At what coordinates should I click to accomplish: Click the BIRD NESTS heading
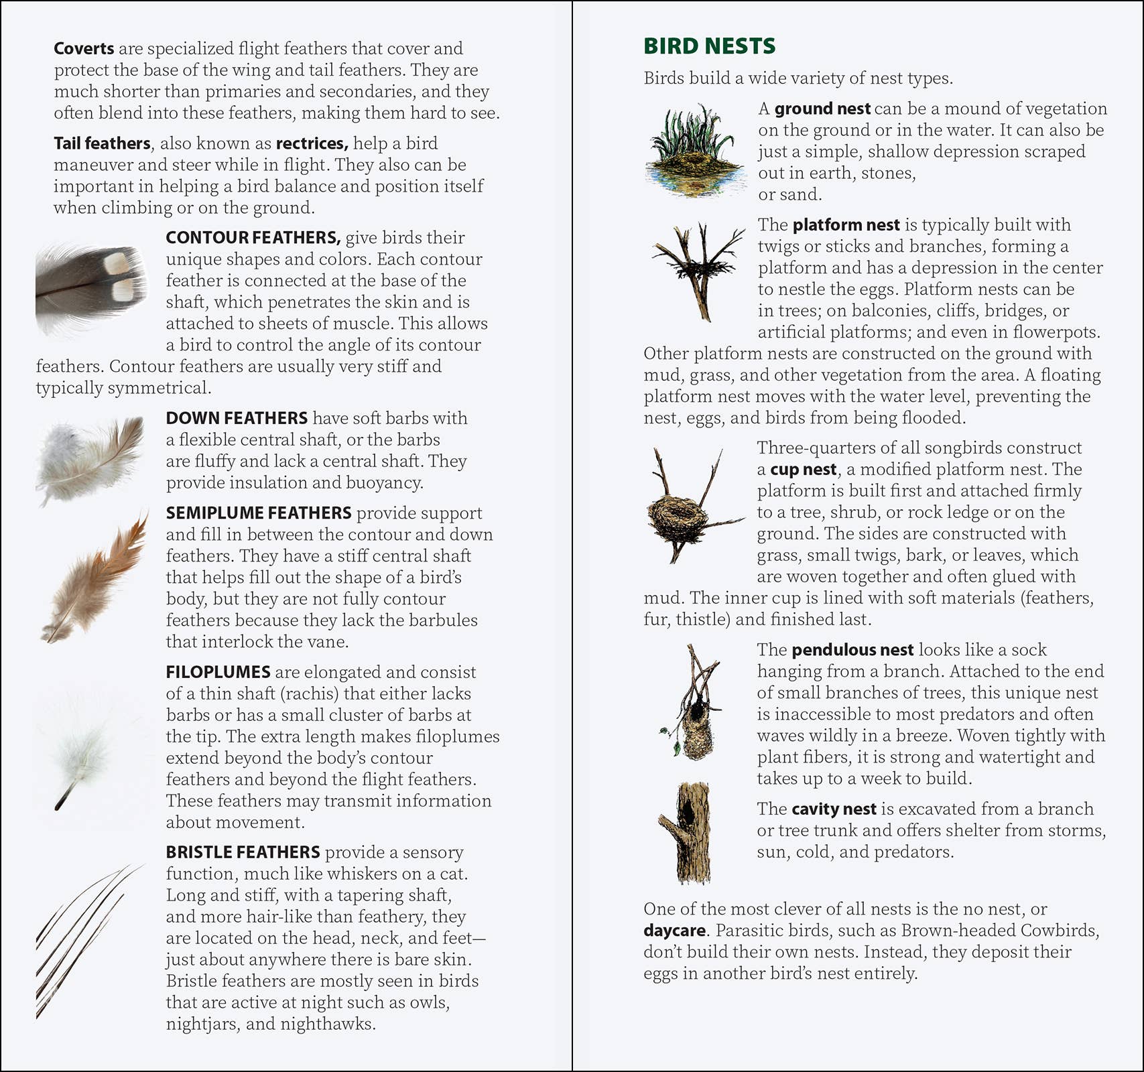(x=709, y=46)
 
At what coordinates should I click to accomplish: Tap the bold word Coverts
(x=84, y=49)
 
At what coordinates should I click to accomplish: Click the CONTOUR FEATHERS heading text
(x=253, y=238)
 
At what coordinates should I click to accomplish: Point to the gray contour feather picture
(x=90, y=288)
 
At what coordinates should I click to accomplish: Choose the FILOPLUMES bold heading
(x=218, y=672)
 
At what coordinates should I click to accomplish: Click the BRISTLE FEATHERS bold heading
(x=243, y=852)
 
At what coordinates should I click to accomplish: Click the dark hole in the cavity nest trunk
(x=687, y=812)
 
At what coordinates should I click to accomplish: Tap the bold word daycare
(x=674, y=931)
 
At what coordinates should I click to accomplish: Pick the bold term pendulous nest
(x=852, y=650)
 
